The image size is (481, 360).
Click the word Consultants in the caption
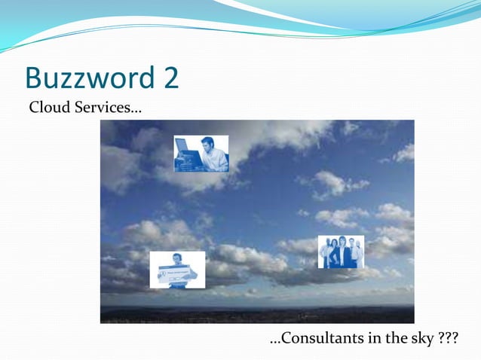[x=322, y=340]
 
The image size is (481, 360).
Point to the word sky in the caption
[x=422, y=340]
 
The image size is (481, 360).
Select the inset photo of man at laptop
[x=201, y=154]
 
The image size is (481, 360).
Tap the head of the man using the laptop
[x=207, y=144]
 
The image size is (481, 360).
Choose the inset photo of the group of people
[x=341, y=252]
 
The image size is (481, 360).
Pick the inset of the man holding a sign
[x=177, y=270]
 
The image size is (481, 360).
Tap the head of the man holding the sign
[x=177, y=258]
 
